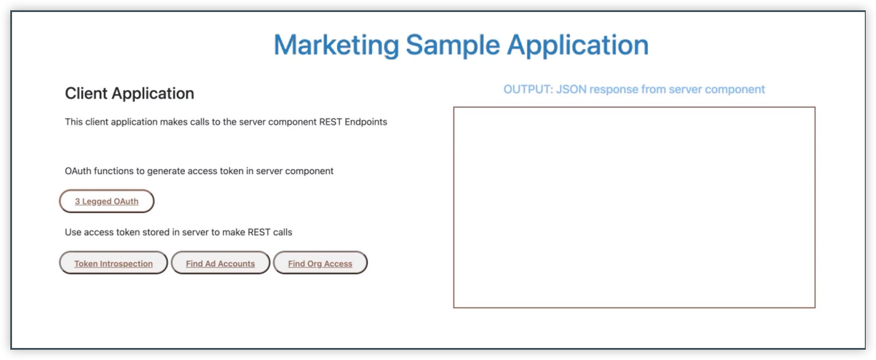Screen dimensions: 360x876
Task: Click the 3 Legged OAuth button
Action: point(107,201)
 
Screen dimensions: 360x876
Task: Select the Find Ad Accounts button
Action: point(220,263)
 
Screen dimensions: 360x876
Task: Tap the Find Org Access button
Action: point(320,263)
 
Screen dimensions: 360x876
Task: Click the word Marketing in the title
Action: point(336,45)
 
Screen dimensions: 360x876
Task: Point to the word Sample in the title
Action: point(453,45)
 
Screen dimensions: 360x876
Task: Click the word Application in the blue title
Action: point(578,45)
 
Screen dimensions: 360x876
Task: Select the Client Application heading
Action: point(129,93)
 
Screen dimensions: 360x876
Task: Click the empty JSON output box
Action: point(634,207)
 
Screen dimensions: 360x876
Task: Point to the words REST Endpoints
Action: point(353,122)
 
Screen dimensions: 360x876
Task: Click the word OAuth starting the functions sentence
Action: point(78,171)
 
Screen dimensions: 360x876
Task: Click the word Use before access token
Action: point(73,232)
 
